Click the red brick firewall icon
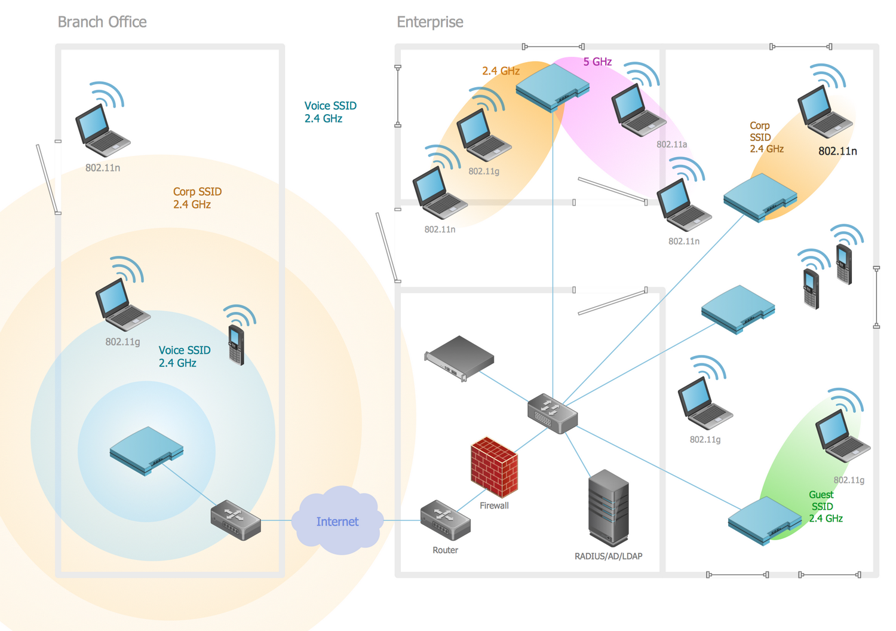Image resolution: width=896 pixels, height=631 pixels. [x=494, y=467]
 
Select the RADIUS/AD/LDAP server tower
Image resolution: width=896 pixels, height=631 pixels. [x=608, y=508]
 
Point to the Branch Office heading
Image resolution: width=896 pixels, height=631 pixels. [x=102, y=22]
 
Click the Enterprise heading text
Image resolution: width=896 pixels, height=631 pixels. [x=430, y=22]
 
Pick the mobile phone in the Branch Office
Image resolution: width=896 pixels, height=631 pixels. [x=237, y=345]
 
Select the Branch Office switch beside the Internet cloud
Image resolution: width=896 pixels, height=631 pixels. [x=235, y=520]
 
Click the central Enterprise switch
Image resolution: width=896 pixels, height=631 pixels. [x=553, y=413]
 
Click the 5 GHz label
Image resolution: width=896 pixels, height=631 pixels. [x=597, y=62]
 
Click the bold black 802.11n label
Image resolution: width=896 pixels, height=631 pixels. [x=837, y=151]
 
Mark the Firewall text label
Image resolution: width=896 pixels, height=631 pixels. [x=494, y=506]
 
